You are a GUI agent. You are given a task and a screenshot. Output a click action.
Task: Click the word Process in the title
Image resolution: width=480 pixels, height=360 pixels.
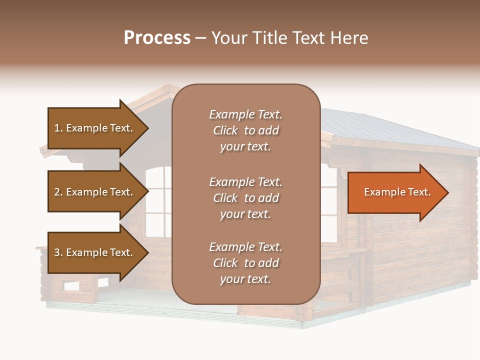tap(157, 38)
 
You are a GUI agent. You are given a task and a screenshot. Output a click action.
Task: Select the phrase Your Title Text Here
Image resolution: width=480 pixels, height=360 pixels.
tap(289, 38)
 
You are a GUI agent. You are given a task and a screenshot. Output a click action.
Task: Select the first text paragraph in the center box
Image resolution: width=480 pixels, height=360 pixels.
tap(245, 130)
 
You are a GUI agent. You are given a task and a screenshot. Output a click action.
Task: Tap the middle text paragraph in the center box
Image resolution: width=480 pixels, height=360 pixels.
tap(245, 198)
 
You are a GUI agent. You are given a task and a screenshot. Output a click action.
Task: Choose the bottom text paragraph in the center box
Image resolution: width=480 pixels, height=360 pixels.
tap(245, 263)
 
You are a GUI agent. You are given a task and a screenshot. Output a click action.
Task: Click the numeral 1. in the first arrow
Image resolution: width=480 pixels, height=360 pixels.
tap(58, 128)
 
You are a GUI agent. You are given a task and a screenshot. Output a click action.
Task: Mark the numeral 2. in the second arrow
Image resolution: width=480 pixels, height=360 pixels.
tap(58, 192)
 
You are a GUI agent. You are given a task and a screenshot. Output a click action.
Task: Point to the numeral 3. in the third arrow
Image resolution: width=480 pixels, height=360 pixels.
tap(58, 252)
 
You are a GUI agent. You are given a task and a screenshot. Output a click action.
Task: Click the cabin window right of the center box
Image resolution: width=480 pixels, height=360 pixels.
tap(328, 200)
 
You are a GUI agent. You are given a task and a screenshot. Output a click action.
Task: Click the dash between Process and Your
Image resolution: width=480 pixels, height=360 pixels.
tap(201, 38)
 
